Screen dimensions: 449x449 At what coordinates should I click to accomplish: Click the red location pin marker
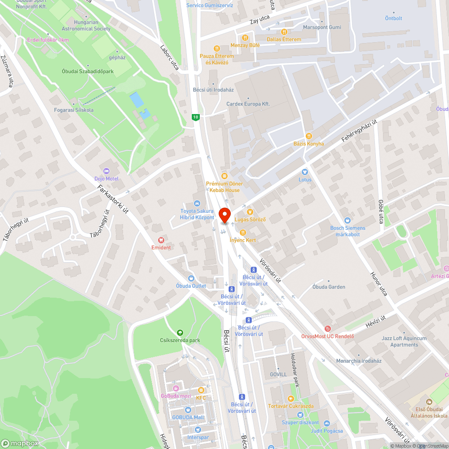click(x=224, y=215)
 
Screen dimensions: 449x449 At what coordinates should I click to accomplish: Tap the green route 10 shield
click(x=195, y=117)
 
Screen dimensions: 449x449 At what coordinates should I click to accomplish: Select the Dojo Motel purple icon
click(x=106, y=171)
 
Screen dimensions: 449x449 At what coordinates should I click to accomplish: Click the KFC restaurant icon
click(x=201, y=390)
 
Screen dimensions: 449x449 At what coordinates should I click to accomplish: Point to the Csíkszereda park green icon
click(x=180, y=333)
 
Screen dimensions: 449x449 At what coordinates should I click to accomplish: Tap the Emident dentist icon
click(x=161, y=240)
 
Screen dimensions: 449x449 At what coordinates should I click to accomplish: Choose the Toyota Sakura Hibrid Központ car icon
click(x=197, y=203)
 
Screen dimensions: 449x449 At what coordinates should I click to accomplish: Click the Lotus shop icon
click(x=305, y=172)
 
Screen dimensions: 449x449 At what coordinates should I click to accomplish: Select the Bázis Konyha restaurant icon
click(x=308, y=136)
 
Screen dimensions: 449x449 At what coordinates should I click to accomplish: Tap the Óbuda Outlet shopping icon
click(x=191, y=278)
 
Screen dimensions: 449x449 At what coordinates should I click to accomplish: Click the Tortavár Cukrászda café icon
click(x=291, y=399)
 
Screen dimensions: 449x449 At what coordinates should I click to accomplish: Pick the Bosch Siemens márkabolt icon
click(x=348, y=220)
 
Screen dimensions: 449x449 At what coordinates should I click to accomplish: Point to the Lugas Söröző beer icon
click(x=250, y=212)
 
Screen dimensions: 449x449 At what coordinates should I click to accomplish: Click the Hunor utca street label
click(x=379, y=284)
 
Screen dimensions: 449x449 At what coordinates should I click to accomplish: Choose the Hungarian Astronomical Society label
click(x=86, y=26)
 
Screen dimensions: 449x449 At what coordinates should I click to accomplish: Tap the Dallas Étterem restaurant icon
click(x=284, y=32)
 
